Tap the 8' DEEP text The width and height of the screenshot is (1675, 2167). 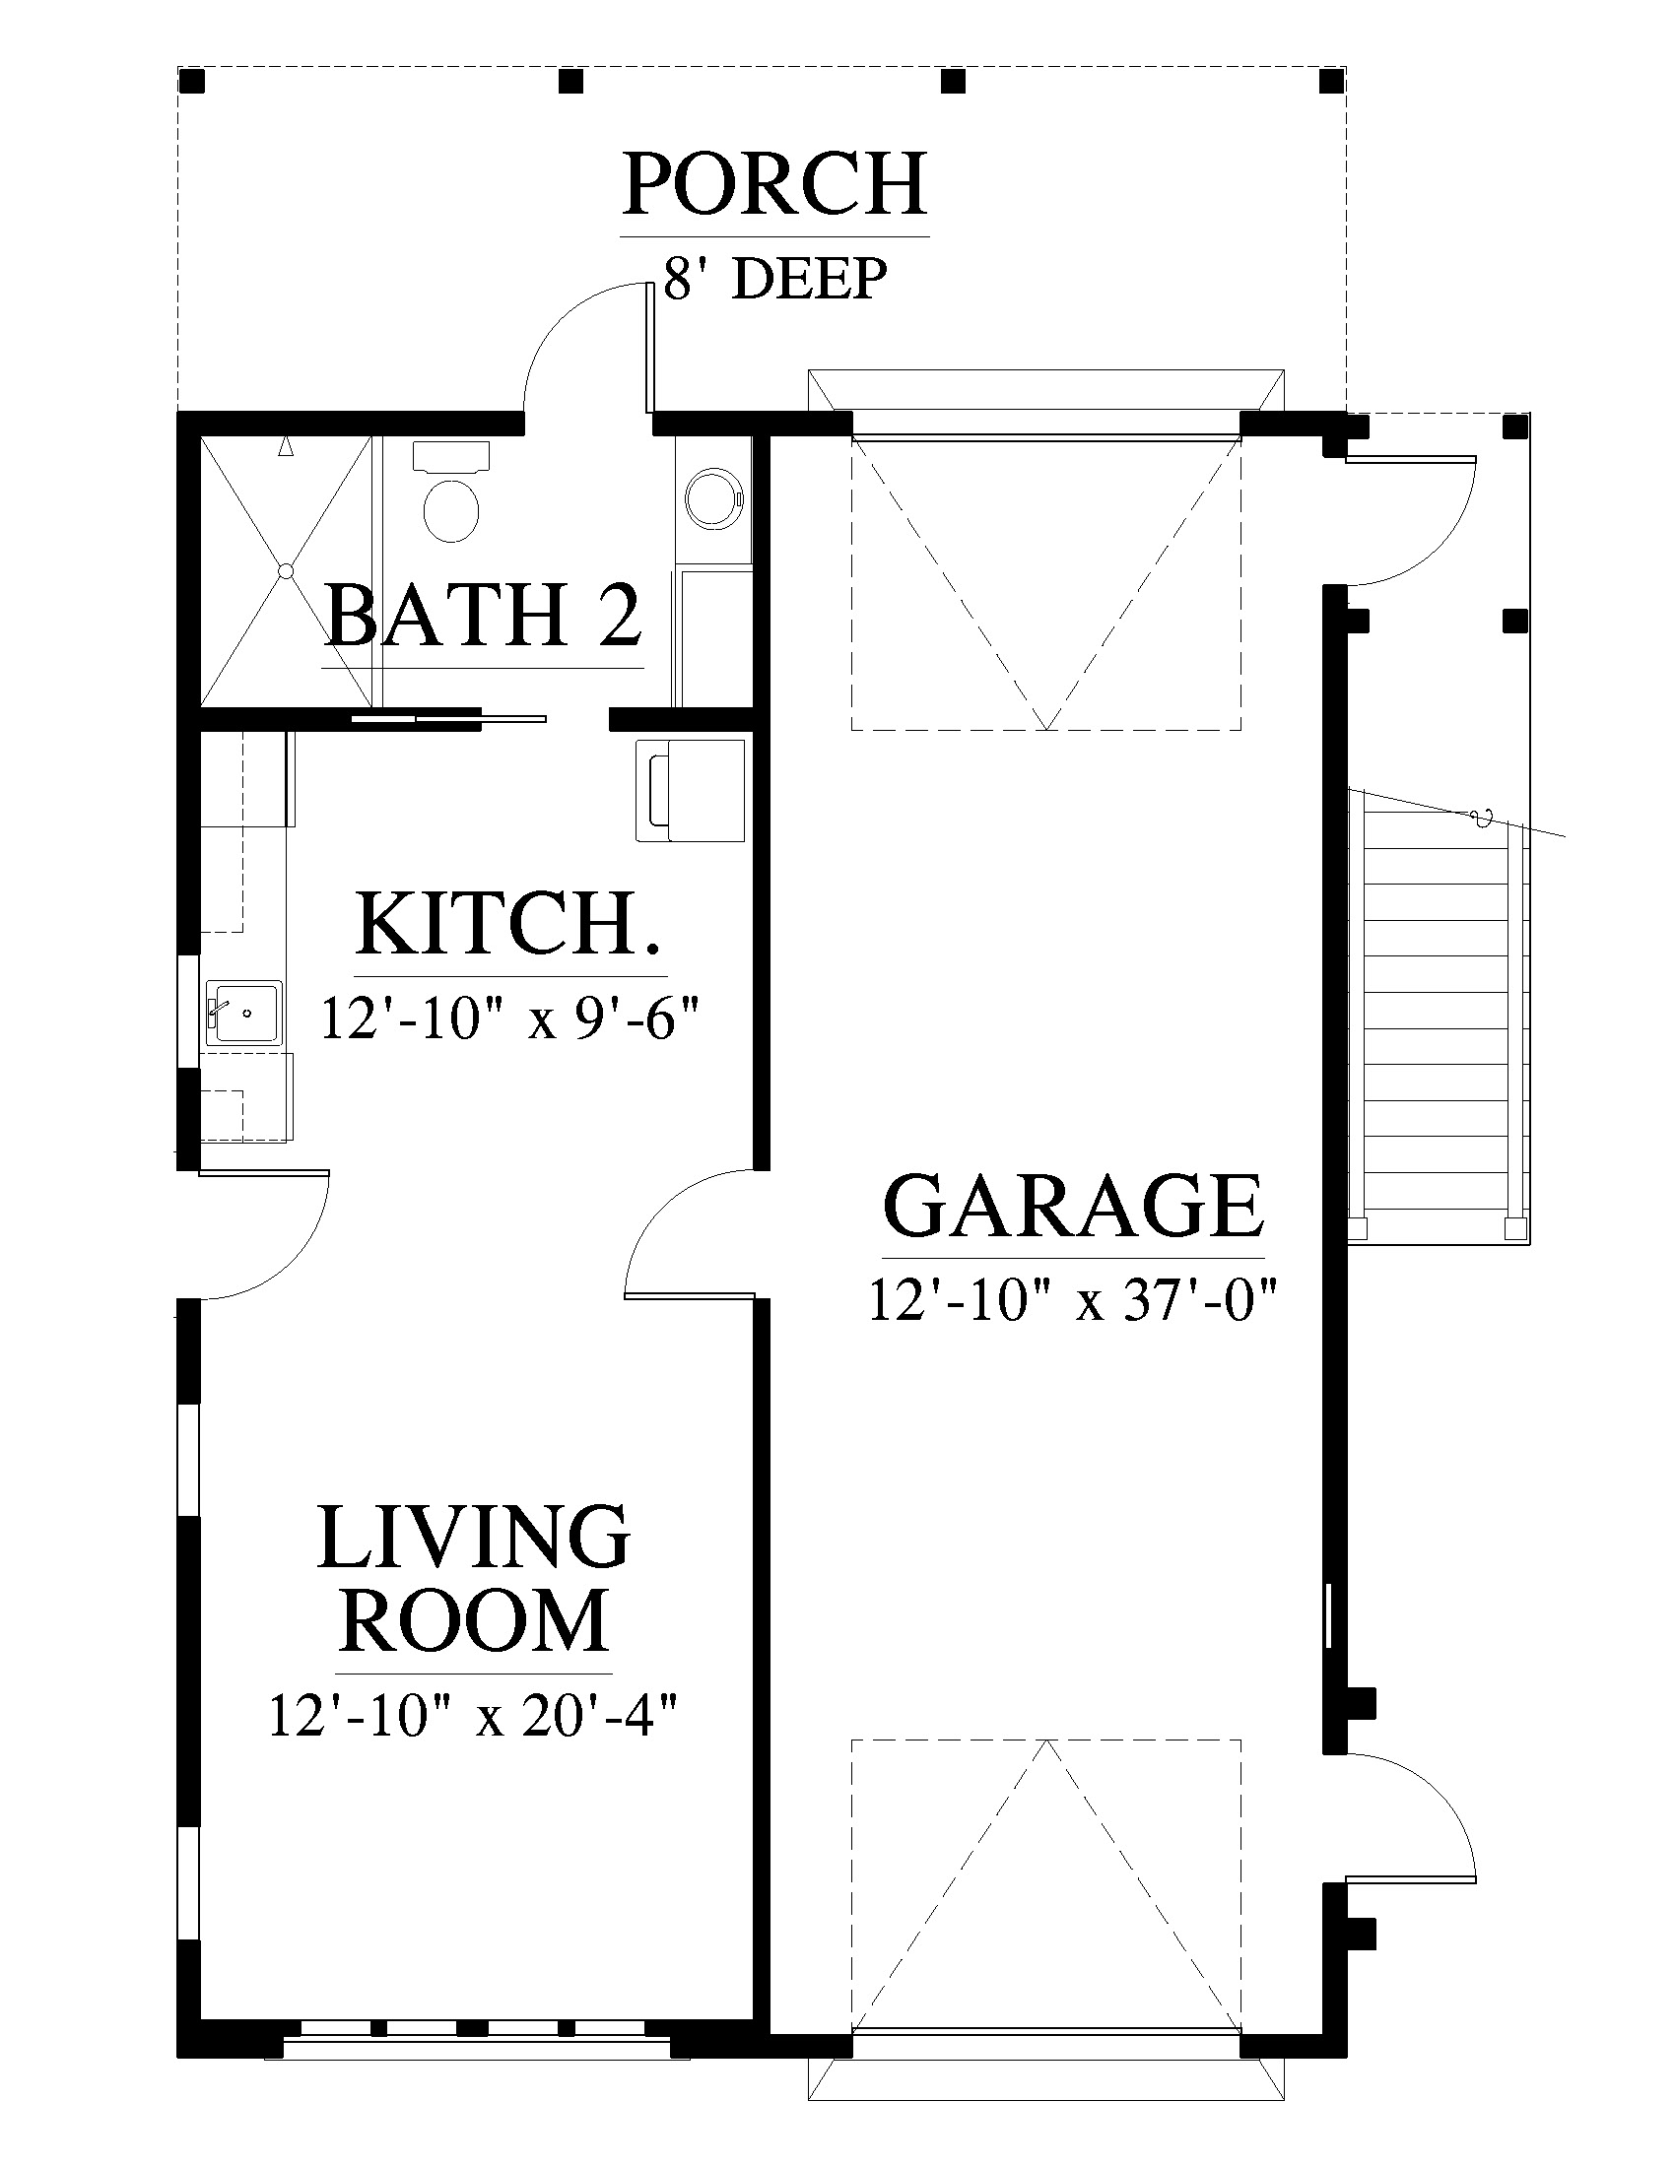(x=775, y=279)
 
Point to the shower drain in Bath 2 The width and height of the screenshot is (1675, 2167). (x=286, y=571)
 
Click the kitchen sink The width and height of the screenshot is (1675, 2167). (x=244, y=1014)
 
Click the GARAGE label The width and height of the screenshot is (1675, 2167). (x=1074, y=1206)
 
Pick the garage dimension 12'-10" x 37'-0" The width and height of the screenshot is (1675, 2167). (x=1073, y=1299)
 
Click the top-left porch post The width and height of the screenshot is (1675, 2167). (x=196, y=81)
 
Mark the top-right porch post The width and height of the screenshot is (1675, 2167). (x=1333, y=81)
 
